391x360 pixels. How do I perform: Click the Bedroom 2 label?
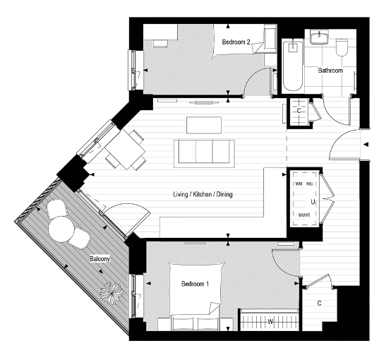(236, 42)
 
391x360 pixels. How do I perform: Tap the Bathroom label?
(330, 71)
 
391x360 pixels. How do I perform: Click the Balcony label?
(99, 259)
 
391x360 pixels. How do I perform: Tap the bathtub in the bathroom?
(291, 66)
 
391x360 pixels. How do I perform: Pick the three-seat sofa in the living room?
(205, 152)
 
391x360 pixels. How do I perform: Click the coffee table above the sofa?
(204, 124)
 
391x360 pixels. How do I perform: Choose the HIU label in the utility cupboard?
(309, 184)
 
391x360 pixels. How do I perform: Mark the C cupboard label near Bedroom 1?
(320, 304)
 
